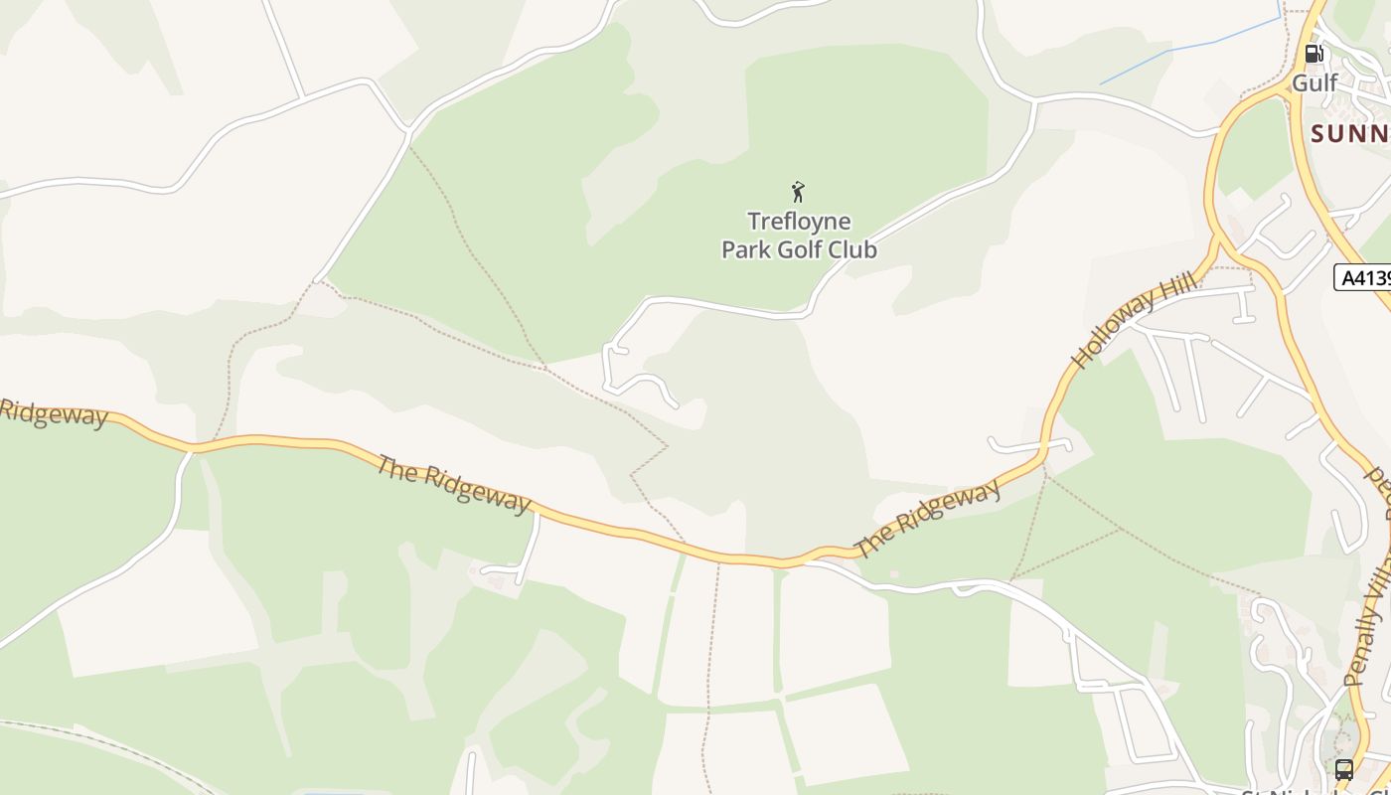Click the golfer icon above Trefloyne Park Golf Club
click(x=798, y=192)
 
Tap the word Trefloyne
click(x=799, y=221)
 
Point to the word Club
click(x=851, y=249)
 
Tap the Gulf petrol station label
click(x=1314, y=82)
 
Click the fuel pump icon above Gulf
click(x=1314, y=54)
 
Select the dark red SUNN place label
click(x=1350, y=133)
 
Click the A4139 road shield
click(x=1363, y=277)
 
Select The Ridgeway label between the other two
click(x=453, y=482)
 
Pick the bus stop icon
click(x=1343, y=769)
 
